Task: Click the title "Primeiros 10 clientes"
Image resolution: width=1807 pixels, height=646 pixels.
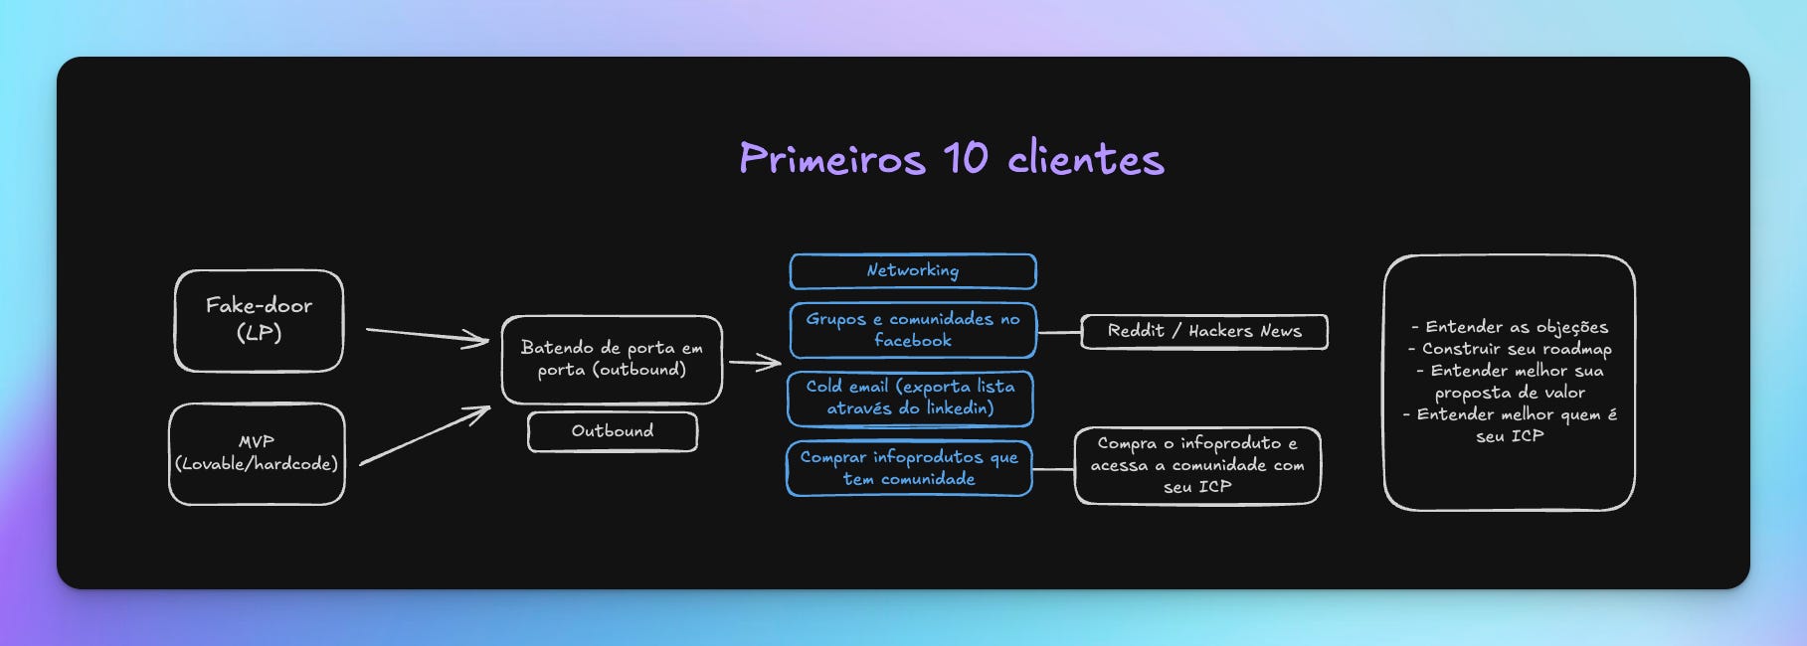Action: (951, 159)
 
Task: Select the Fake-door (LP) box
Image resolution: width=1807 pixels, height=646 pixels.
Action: (259, 320)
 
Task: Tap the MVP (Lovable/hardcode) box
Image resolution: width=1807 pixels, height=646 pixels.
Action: (257, 453)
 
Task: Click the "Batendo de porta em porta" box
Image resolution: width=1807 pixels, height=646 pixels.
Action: (612, 359)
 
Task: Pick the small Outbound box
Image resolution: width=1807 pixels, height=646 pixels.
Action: (612, 431)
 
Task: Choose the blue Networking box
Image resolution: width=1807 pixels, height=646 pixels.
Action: (912, 270)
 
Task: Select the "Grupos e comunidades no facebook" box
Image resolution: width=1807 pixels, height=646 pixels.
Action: (912, 330)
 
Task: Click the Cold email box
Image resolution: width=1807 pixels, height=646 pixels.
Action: (910, 398)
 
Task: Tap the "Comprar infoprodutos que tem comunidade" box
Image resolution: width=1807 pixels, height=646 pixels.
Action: (909, 468)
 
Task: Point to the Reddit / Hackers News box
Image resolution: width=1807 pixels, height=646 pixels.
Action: (1203, 331)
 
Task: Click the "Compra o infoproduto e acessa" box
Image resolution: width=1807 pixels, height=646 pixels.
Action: (1197, 465)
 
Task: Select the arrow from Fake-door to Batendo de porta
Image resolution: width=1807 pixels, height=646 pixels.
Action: (428, 335)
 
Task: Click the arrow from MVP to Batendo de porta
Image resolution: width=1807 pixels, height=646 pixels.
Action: (426, 435)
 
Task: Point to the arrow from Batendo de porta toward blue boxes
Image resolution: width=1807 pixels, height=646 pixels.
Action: (756, 363)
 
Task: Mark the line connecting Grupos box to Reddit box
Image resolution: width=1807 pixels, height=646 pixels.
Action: (1058, 332)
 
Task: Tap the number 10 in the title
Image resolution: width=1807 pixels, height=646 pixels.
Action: (965, 159)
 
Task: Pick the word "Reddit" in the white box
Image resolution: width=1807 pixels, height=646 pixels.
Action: (1136, 331)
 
